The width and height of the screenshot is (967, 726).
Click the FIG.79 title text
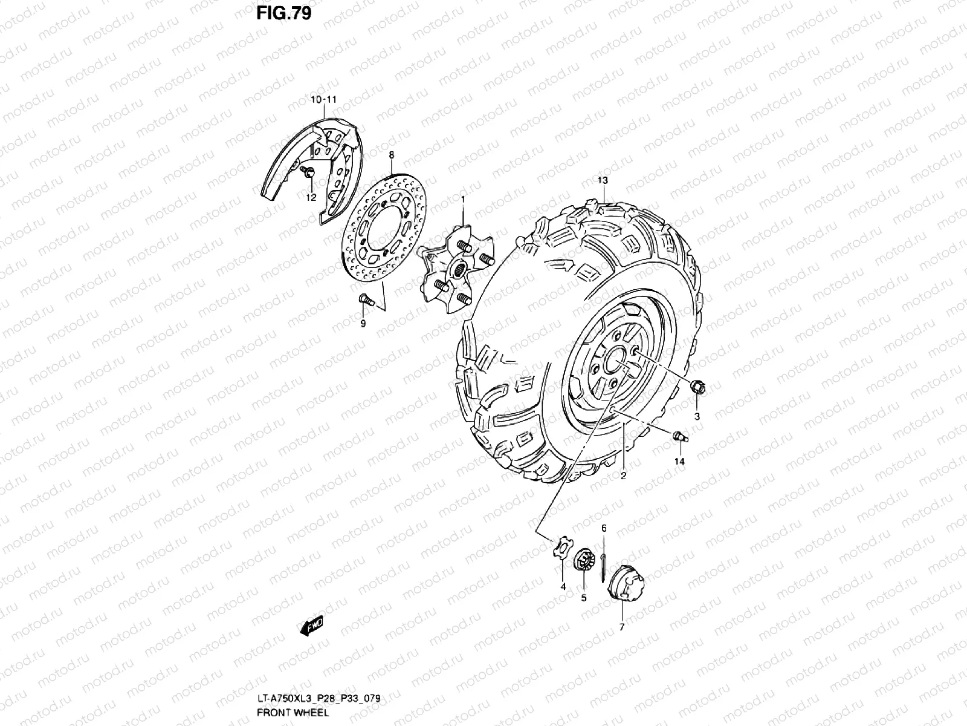[283, 13]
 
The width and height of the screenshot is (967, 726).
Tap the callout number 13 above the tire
[603, 180]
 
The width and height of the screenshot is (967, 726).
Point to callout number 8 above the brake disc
[391, 155]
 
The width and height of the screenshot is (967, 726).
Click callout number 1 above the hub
[463, 199]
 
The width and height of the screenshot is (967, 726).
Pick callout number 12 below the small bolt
[311, 197]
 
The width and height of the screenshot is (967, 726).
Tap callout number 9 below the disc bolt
[363, 324]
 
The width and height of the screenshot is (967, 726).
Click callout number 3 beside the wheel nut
[696, 416]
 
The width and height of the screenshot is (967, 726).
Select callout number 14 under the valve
[680, 462]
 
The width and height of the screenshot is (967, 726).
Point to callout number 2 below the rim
[623, 476]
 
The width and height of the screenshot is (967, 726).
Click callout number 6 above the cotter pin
[603, 529]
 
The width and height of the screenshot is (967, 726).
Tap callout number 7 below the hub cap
[621, 627]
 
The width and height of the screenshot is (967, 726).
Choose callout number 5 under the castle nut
[584, 598]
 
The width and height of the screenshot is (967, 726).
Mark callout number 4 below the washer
[563, 587]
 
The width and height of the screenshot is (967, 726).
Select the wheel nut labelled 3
[697, 387]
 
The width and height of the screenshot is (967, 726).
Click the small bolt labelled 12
[308, 174]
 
